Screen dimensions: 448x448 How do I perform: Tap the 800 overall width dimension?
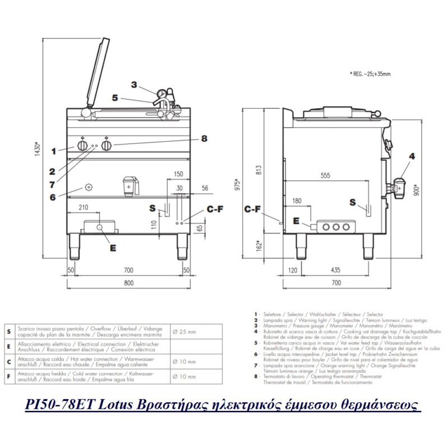coord(129,283)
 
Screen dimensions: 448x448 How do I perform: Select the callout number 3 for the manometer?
coord(134,85)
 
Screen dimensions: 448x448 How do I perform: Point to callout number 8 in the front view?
coord(204,138)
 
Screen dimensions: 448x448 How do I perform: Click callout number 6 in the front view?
coord(53,197)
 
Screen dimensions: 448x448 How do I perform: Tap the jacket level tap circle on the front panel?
coord(88,186)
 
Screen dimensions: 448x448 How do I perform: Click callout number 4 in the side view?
coord(412,156)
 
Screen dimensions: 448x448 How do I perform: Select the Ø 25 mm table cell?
coord(184,332)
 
